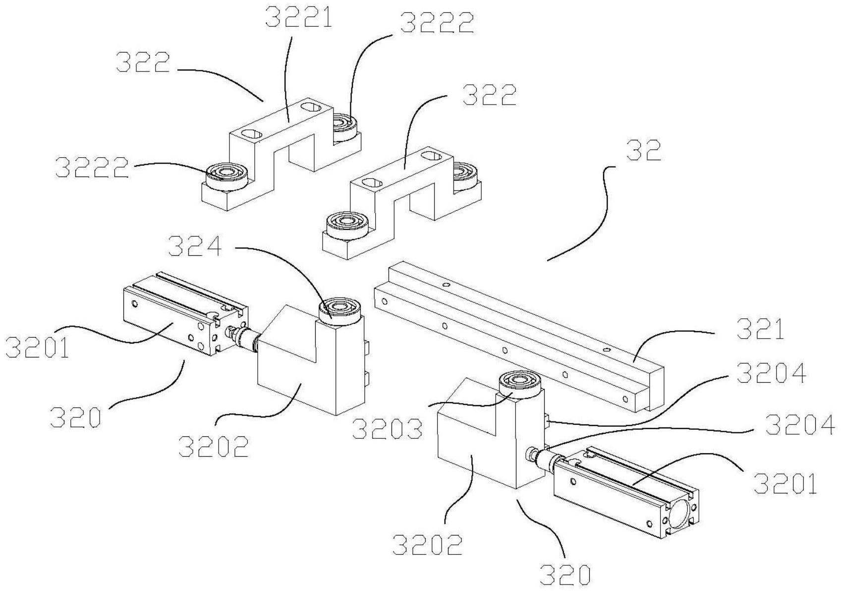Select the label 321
coord(761,329)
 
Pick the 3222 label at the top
coord(436,23)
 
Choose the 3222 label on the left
coord(92,168)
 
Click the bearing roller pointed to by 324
coord(340,308)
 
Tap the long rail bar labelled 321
coord(519,336)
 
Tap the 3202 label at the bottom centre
coord(427,544)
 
